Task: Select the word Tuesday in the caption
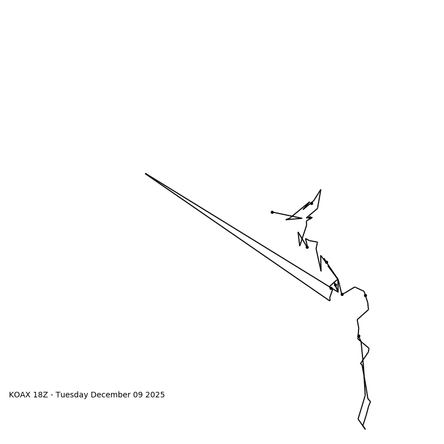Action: [72, 395]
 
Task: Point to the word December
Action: [110, 395]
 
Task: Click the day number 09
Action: [138, 395]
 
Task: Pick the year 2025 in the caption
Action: [155, 395]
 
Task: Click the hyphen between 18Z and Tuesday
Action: [52, 395]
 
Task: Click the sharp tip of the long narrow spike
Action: [145, 174]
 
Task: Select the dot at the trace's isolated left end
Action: [272, 212]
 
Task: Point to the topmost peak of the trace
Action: [321, 190]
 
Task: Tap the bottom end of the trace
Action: [365, 428]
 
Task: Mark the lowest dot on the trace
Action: [359, 336]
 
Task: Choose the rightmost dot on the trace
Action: [365, 295]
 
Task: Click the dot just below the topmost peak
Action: [311, 203]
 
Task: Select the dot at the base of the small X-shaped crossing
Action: [307, 247]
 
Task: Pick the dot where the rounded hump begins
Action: [342, 294]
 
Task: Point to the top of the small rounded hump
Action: [355, 287]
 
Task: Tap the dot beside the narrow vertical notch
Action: [326, 262]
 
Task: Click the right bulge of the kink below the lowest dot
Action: [369, 350]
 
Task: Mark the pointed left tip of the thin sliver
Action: [286, 220]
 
